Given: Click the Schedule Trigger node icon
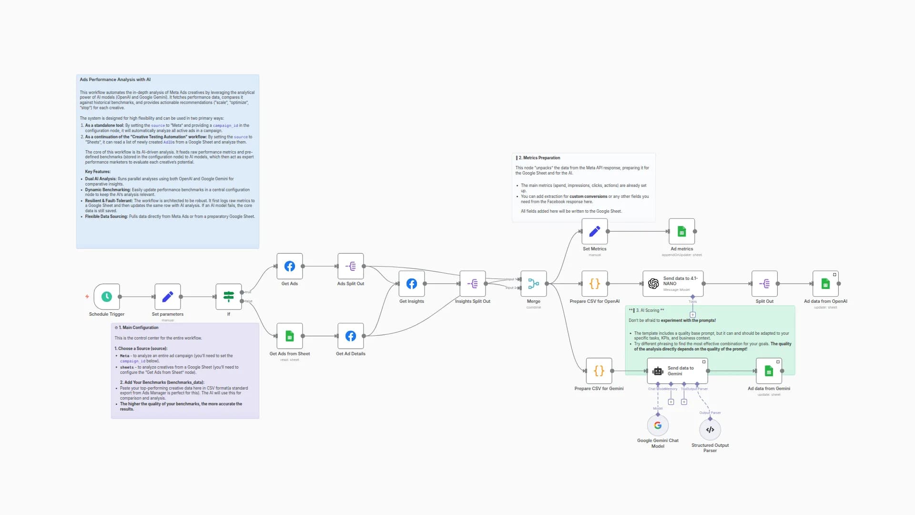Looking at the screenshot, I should tap(107, 297).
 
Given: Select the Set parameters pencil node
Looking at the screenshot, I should tap(167, 297).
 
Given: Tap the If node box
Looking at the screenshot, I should tap(229, 297).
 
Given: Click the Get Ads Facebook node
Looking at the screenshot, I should tap(290, 266).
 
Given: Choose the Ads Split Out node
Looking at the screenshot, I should tap(351, 266).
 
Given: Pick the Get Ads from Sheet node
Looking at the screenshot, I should tap(290, 336).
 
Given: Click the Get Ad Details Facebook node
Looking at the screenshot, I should tap(351, 336).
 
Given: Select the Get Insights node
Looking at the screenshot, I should tap(412, 284).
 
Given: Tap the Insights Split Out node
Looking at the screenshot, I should tap(473, 284).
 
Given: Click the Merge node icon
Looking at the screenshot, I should tap(534, 284).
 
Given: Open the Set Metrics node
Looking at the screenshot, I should tap(595, 231).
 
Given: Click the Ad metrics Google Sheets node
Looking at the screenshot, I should tap(681, 231).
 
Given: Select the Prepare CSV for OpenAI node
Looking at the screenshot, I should tap(595, 284).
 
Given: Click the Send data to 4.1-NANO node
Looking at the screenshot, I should tap(673, 284).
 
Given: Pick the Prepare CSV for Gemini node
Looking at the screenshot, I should tap(599, 371).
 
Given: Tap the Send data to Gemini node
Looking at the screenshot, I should tap(677, 371).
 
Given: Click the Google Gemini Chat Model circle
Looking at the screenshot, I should tap(658, 425).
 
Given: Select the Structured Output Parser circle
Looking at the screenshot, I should tap(710, 430).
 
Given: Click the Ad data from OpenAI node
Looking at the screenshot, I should tap(825, 284).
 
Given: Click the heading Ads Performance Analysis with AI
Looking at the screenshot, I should tap(115, 80).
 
